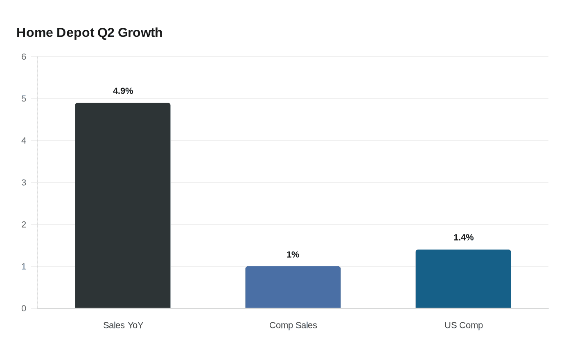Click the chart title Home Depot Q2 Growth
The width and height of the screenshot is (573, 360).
coord(90,33)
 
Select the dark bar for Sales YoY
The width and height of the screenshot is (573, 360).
coord(123,205)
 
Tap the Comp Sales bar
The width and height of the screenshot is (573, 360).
coord(293,287)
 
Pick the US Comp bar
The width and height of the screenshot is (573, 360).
coord(463,279)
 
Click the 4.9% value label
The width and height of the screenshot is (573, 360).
coord(123,91)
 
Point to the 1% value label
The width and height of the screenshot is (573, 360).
coord(293,254)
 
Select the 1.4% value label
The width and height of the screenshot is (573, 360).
coord(463,237)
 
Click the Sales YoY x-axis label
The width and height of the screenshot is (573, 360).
coord(123,325)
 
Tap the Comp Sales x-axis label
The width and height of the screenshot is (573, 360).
coord(293,325)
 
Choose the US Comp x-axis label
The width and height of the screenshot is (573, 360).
coord(463,325)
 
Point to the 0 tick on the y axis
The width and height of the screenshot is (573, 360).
coord(24,308)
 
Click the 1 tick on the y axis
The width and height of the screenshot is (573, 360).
coord(24,266)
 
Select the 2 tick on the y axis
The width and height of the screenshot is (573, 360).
coord(24,225)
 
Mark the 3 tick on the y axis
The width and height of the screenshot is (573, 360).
coord(24,182)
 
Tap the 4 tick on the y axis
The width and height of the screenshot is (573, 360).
coord(24,140)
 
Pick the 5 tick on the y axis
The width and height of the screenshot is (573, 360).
coord(24,99)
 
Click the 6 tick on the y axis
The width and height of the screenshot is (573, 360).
coord(24,56)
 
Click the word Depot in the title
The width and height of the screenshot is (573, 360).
coord(75,33)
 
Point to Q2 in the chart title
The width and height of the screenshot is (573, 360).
coord(106,33)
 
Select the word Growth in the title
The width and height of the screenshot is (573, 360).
coord(140,33)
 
